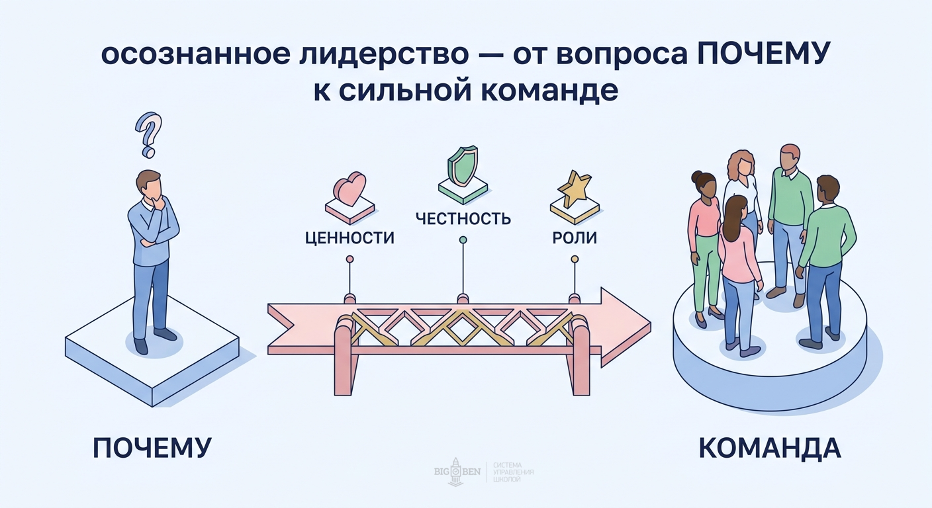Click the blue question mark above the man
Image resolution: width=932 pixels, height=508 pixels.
[x=149, y=134]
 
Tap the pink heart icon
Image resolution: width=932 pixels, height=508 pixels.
[x=349, y=189]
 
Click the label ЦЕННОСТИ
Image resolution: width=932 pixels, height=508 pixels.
[x=349, y=238]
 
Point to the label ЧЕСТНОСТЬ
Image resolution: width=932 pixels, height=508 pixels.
[x=463, y=218]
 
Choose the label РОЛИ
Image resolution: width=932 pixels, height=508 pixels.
[x=575, y=238]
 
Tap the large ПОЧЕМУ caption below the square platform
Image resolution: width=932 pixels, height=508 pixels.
[x=152, y=448]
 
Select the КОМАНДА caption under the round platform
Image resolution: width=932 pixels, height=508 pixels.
[x=770, y=448]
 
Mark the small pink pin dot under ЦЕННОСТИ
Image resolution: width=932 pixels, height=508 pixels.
[x=349, y=259]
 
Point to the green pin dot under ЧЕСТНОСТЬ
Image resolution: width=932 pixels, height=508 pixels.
[x=463, y=239]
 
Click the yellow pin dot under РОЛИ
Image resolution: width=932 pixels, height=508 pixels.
[x=575, y=259]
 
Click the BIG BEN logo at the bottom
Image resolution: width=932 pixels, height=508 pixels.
[x=456, y=472]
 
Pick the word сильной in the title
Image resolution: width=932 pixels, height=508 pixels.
[x=404, y=91]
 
